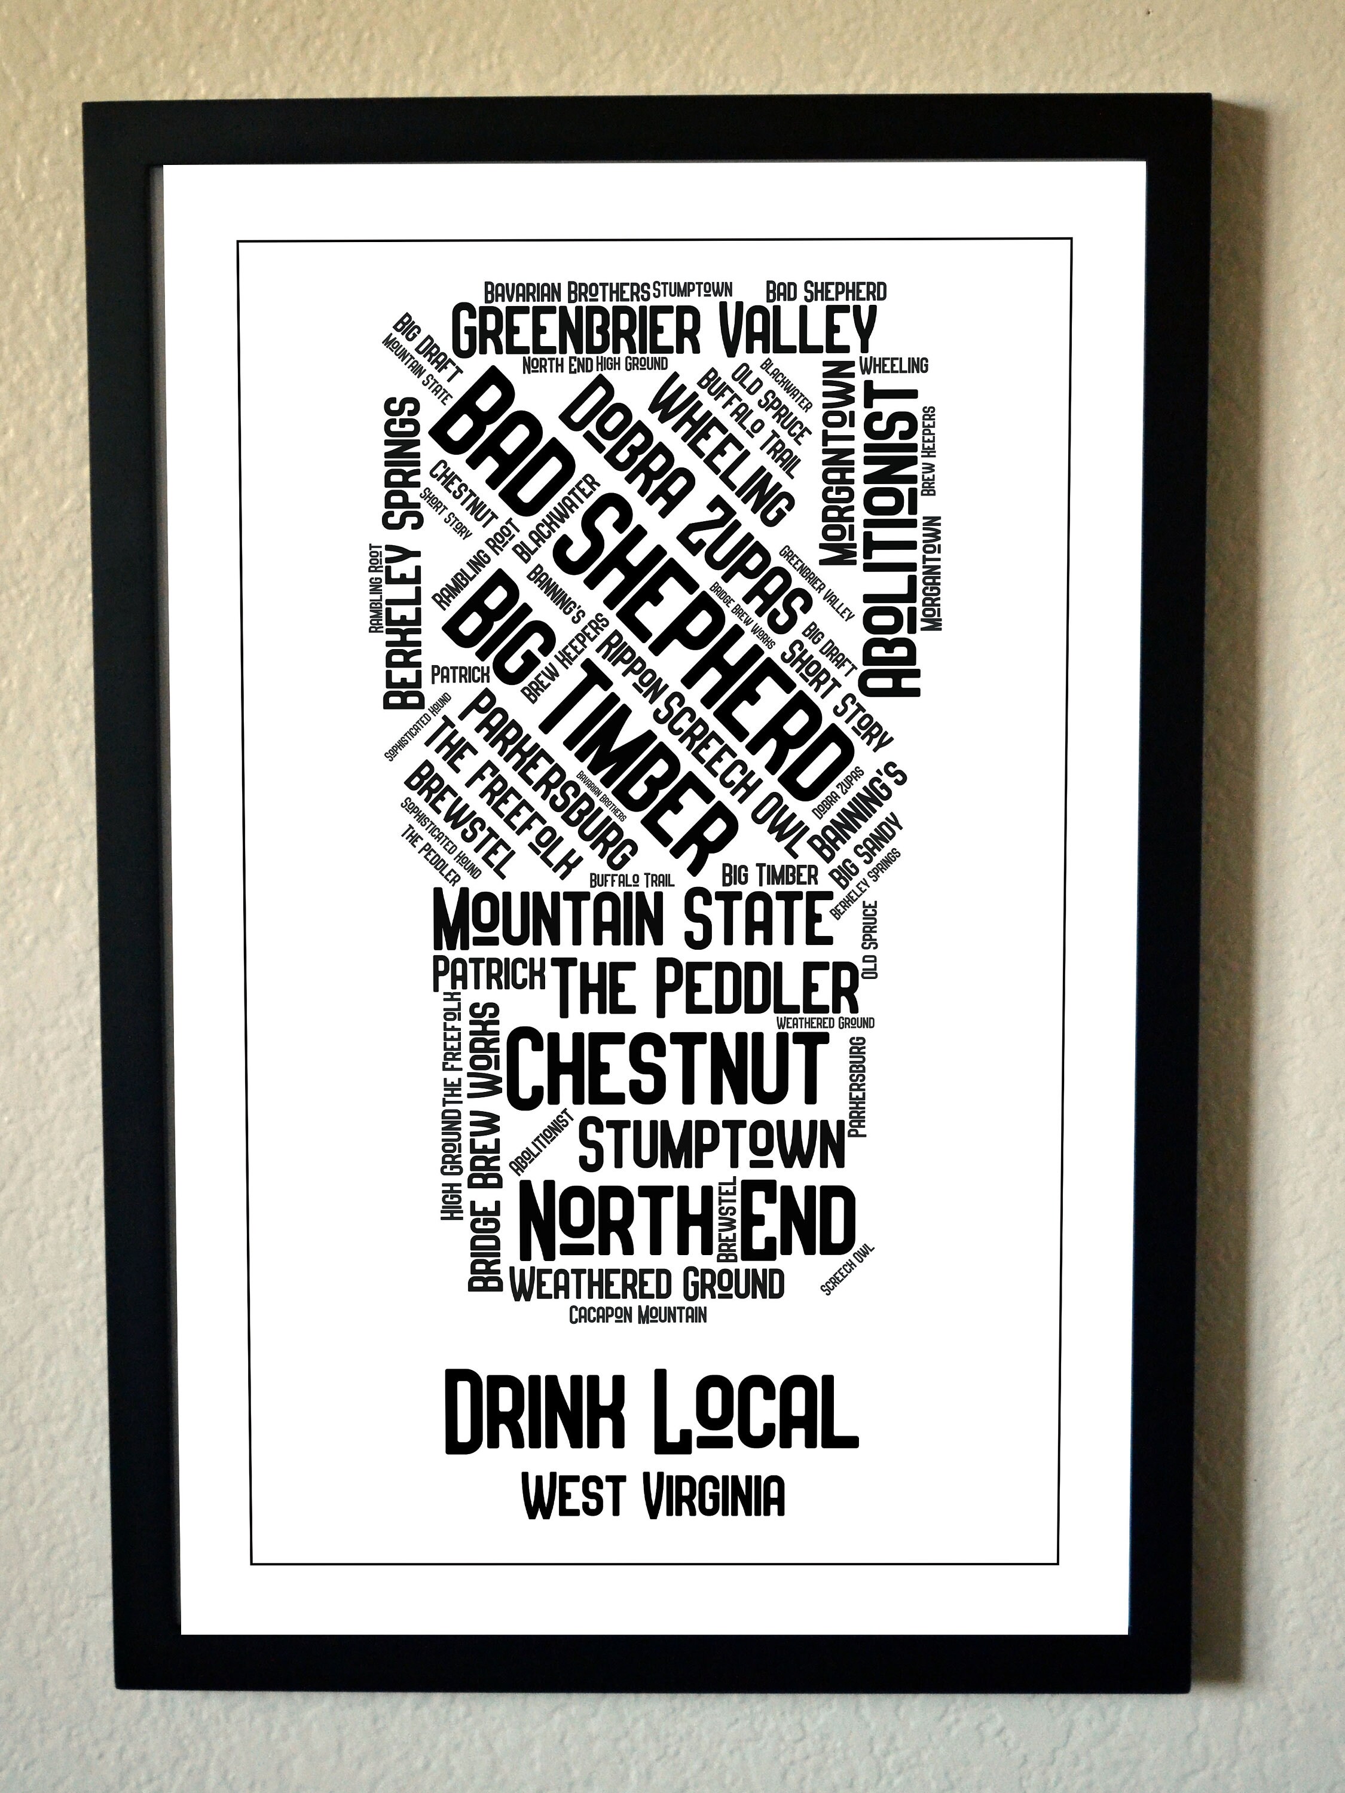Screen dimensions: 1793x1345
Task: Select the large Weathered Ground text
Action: click(x=646, y=1283)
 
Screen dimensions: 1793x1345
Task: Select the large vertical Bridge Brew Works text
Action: click(x=485, y=1145)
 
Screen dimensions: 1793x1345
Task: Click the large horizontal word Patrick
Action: click(x=488, y=974)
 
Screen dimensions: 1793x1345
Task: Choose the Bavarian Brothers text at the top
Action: click(x=567, y=292)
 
